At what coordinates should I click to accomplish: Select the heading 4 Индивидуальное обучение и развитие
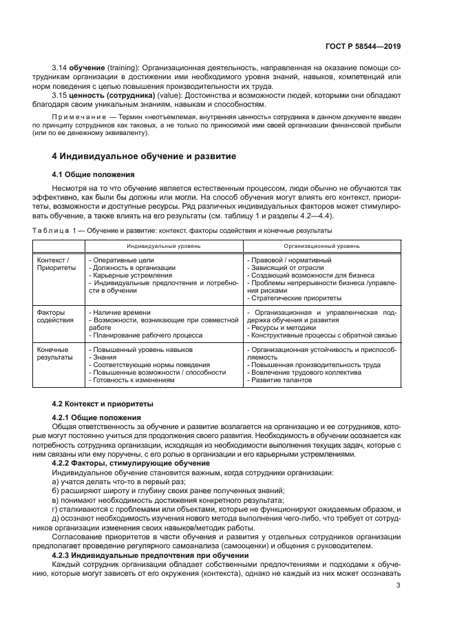[145, 156]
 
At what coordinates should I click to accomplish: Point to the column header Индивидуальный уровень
[163, 246]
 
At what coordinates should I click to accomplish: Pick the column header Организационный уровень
[321, 246]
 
